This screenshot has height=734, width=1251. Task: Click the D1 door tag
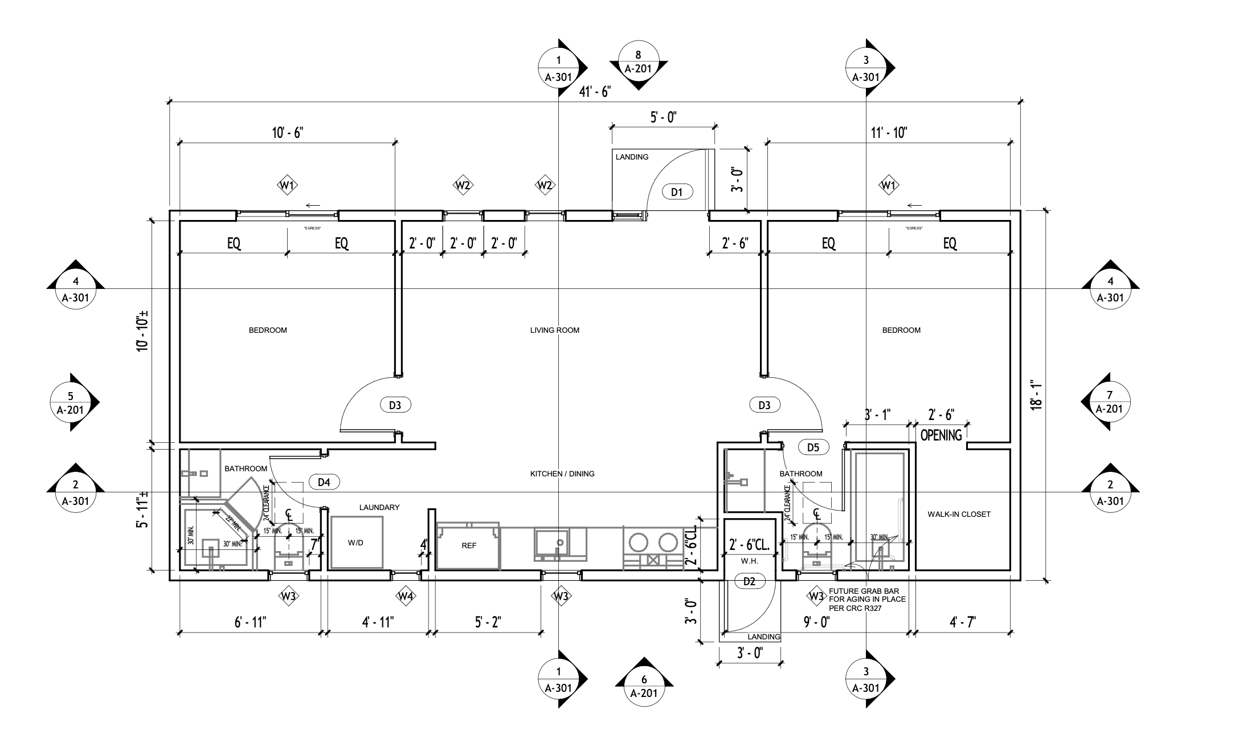pyautogui.click(x=677, y=192)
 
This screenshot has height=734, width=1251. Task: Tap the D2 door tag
pyautogui.click(x=749, y=581)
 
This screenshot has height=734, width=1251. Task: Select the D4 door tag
pyautogui.click(x=324, y=482)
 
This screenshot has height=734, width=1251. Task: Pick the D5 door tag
pyautogui.click(x=813, y=447)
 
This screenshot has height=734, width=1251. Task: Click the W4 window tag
pyautogui.click(x=405, y=597)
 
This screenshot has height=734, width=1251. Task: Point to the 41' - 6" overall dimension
pyautogui.click(x=594, y=92)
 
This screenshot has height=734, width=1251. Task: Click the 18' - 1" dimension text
pyautogui.click(x=1036, y=395)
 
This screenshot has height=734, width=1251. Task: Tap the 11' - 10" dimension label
pyautogui.click(x=889, y=133)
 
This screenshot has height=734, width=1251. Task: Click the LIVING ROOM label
pyautogui.click(x=554, y=330)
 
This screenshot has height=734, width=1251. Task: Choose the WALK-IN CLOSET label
pyautogui.click(x=959, y=514)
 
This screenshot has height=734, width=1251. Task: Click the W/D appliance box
pyautogui.click(x=356, y=542)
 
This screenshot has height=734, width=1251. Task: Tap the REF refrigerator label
pyautogui.click(x=468, y=545)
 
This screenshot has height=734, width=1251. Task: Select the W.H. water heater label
pyautogui.click(x=749, y=561)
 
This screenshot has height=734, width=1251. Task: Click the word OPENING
pyautogui.click(x=941, y=435)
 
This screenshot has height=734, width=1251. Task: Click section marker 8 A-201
pyautogui.click(x=638, y=62)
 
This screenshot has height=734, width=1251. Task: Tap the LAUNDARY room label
pyautogui.click(x=379, y=507)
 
